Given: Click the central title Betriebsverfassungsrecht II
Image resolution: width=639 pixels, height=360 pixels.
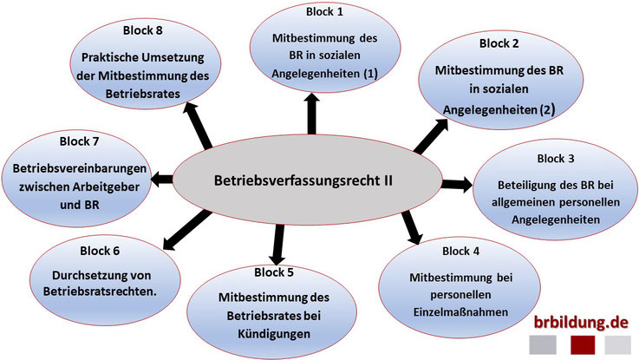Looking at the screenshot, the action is pos(303,180).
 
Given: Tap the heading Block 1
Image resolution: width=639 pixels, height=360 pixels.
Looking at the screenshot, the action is pos(324,12).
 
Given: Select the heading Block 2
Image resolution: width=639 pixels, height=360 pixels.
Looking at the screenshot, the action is pos(499,43).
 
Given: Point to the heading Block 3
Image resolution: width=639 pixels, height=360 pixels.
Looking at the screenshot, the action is pos(556,158).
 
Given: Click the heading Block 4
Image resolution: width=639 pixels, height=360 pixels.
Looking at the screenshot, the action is pos(461,252).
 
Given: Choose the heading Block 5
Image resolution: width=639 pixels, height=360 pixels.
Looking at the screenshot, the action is pos(274,272).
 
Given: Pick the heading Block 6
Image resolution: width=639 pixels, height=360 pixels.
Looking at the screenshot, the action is pos(100,251).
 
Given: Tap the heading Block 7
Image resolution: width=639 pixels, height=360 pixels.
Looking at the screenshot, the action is pos(79,141).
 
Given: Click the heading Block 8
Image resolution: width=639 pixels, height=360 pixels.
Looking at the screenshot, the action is pos(143,30).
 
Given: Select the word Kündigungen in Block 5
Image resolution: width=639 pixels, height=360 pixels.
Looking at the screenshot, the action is pos(274,334).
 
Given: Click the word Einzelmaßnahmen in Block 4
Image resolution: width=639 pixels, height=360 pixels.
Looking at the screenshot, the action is pos(461,312).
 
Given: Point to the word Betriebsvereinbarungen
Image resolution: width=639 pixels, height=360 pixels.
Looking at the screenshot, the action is pos(80,168).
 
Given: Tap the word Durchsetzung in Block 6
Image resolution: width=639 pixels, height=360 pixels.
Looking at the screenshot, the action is pos(86,275).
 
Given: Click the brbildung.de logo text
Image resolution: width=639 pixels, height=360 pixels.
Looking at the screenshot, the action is pos(581,322).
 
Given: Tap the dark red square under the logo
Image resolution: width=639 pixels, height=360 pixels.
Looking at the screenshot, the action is pos(583,345).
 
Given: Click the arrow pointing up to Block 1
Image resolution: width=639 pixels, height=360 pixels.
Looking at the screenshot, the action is pos(312,114).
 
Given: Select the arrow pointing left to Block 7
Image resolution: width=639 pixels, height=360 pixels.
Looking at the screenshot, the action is pos(162,179).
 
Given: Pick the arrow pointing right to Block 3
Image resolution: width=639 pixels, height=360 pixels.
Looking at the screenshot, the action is pos(457,184).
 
